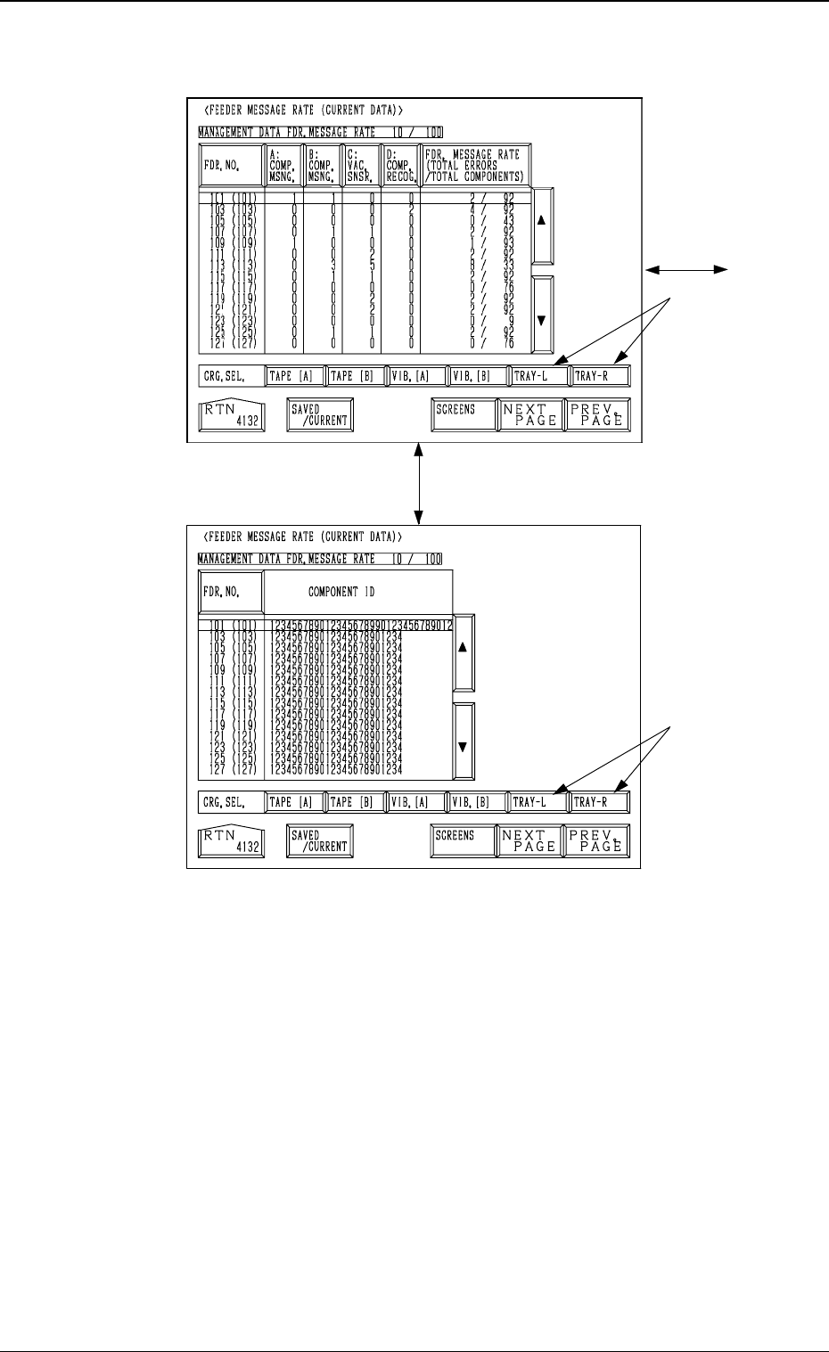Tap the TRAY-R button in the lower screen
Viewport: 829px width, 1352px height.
pos(600,802)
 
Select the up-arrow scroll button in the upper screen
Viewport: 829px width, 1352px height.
pos(541,225)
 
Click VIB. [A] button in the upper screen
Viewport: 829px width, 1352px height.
pos(415,376)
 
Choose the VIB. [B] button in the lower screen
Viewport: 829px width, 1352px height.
pos(475,802)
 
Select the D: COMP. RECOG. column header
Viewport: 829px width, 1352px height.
pos(400,166)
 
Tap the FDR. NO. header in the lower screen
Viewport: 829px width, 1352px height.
pos(231,592)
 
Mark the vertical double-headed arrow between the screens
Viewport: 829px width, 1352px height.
pos(418,484)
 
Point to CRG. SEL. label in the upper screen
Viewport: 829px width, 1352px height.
pos(231,376)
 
